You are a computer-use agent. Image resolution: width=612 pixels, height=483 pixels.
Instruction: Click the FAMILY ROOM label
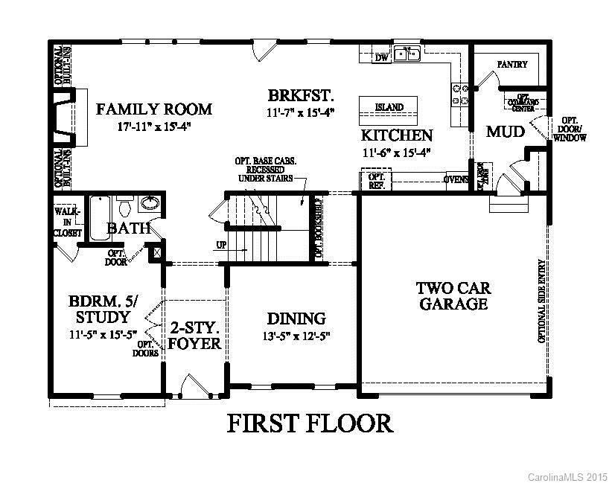click(x=154, y=109)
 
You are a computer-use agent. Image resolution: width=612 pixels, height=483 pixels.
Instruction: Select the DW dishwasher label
click(x=382, y=57)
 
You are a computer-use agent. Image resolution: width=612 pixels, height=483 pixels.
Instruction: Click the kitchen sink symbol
click(x=407, y=54)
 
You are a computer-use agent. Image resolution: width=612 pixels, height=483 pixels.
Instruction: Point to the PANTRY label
click(x=512, y=65)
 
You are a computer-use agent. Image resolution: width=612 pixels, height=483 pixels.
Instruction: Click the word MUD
click(x=506, y=132)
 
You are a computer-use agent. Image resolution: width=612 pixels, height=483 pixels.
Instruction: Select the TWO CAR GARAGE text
click(x=453, y=295)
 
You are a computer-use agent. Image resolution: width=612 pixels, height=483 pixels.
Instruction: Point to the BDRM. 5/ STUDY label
click(x=103, y=310)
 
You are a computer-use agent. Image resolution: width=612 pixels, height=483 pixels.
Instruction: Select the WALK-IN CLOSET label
click(x=66, y=222)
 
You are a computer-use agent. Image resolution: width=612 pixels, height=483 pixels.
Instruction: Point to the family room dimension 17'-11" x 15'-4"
click(x=154, y=127)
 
